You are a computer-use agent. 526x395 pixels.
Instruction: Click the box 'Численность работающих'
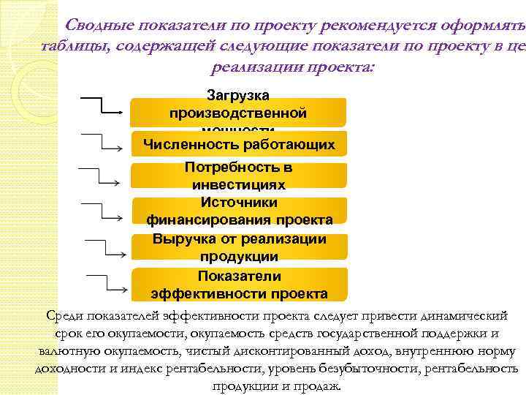click(238, 144)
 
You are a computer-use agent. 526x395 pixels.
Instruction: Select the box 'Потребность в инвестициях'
click(238, 176)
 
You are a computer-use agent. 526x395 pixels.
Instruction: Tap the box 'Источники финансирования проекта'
click(238, 211)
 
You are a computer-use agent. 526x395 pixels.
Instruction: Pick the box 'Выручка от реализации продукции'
click(238, 247)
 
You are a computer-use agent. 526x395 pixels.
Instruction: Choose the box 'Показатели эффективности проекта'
click(238, 285)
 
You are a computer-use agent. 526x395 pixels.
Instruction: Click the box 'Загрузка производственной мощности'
click(238, 112)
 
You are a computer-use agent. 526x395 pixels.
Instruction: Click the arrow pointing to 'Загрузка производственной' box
click(103, 105)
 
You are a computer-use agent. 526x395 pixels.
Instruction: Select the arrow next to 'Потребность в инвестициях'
click(101, 176)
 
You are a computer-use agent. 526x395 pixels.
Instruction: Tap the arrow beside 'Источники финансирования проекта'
click(102, 210)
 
